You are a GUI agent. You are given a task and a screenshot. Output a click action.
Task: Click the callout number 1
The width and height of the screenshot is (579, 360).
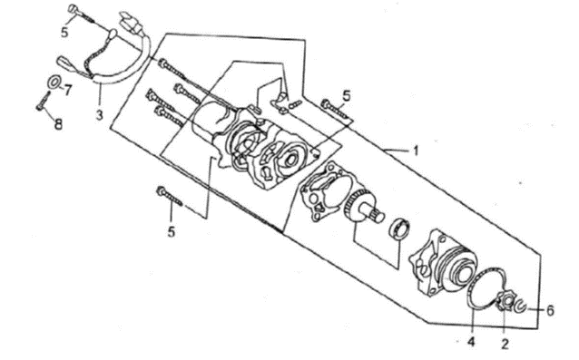click(x=416, y=151)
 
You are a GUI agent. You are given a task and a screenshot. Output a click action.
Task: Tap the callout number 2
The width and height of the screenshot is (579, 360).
click(x=505, y=344)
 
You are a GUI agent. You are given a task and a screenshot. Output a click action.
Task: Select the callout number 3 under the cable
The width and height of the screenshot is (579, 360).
click(x=99, y=115)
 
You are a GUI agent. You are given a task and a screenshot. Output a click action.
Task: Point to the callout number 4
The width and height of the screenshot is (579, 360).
click(x=471, y=342)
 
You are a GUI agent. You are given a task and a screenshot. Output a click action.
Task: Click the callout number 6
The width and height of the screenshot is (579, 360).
click(x=550, y=310)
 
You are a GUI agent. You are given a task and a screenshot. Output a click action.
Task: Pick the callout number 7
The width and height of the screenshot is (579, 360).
click(x=67, y=90)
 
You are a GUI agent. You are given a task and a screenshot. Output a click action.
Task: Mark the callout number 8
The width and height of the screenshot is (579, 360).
click(x=58, y=124)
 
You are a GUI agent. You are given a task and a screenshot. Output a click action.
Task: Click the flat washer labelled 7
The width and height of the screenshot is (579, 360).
click(x=54, y=82)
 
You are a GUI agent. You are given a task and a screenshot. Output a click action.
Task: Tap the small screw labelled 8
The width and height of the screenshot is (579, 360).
click(x=44, y=101)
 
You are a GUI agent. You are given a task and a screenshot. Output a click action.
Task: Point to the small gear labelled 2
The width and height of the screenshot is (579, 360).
click(x=505, y=301)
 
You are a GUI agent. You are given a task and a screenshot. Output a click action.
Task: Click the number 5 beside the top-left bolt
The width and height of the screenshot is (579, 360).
click(x=64, y=32)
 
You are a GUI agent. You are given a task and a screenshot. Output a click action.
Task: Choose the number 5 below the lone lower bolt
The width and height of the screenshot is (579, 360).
click(x=171, y=231)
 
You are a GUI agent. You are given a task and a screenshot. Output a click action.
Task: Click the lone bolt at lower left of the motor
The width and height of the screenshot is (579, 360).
click(x=170, y=196)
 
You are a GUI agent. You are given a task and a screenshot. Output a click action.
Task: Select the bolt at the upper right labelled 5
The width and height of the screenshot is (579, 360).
click(x=335, y=110)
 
